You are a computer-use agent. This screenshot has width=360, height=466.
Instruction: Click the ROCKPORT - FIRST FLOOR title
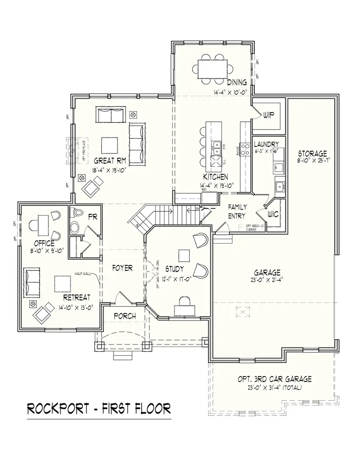click(99, 408)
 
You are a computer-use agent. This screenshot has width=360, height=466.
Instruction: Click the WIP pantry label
click(268, 115)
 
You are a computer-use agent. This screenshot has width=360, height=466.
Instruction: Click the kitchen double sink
click(217, 147)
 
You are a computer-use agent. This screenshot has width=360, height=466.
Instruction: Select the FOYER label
click(122, 268)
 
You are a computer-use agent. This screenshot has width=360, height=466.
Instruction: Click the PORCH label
click(124, 316)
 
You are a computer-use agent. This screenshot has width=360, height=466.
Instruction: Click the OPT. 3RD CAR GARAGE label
click(274, 379)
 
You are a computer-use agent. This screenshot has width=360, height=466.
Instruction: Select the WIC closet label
click(274, 214)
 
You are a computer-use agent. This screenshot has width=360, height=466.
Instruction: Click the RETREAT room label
click(76, 297)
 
